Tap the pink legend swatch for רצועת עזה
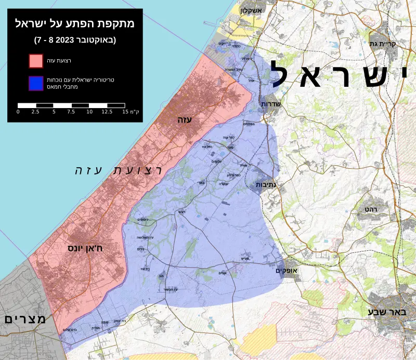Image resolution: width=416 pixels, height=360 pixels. point(36,61)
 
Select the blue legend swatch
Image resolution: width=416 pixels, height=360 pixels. point(36,83)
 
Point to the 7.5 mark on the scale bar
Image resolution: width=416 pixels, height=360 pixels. point(71,112)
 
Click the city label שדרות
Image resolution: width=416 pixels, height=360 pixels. point(270,104)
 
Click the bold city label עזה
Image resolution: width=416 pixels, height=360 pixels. point(185,119)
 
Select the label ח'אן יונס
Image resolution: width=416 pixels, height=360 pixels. point(85,248)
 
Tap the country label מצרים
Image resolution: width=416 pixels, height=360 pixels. point(25,319)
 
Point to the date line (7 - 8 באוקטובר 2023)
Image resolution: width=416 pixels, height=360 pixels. point(75,39)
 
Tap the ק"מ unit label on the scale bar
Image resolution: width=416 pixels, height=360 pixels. point(136,112)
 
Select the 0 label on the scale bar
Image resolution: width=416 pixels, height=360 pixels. point(18,112)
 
